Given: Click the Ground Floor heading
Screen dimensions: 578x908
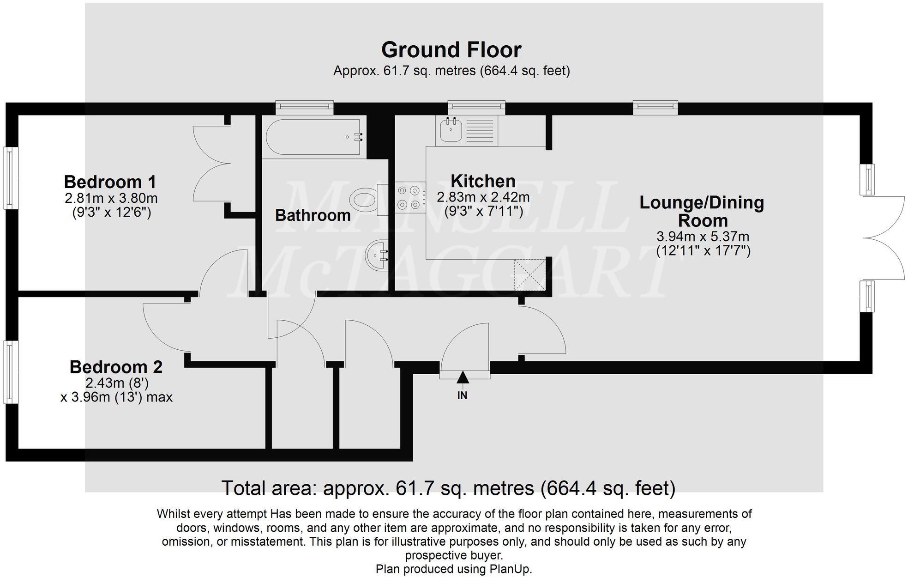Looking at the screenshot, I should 451,50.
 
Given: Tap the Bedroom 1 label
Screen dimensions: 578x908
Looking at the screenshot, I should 110,182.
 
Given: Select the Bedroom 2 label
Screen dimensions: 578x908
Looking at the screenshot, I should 116,367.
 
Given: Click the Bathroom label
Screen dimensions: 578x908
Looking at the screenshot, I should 313,215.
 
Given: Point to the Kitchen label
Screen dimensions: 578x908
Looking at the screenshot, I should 482,181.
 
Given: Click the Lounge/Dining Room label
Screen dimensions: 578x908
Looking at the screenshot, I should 702,211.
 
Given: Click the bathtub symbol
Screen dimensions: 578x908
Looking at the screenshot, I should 313,137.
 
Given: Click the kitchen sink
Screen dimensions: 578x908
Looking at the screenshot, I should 451,129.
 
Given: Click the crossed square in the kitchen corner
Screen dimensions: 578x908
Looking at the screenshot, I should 530,275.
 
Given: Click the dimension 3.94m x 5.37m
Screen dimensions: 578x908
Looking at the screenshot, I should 702,237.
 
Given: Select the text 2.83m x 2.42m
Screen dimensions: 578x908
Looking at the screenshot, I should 483,197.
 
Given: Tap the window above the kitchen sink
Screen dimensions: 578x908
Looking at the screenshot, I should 476,107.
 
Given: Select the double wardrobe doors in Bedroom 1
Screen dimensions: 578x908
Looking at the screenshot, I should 211,163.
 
